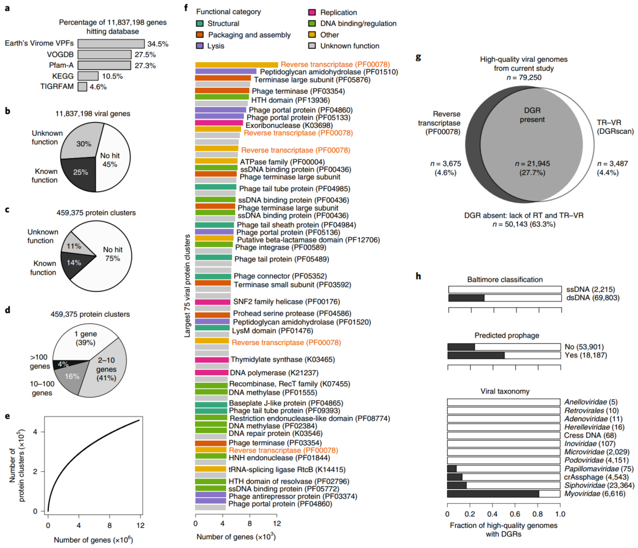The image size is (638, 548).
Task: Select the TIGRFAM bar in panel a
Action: coord(82,87)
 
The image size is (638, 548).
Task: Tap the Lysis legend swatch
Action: coord(200,46)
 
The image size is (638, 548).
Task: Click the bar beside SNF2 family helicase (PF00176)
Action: coord(212,301)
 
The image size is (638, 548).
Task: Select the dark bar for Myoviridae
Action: coord(493,493)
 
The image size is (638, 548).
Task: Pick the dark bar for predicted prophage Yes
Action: coord(476,355)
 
